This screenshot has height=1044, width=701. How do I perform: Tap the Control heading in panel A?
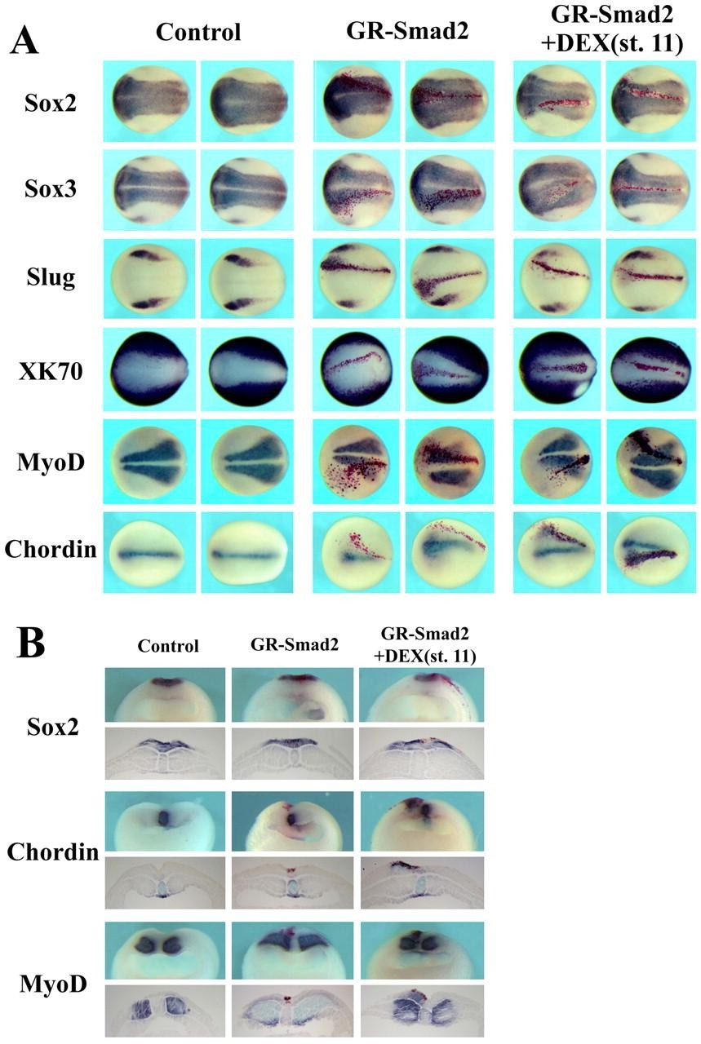point(198,32)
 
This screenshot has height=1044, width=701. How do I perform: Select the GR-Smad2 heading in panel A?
point(407,32)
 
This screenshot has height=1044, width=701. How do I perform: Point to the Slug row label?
point(51,277)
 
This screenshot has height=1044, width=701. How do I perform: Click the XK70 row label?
point(51,371)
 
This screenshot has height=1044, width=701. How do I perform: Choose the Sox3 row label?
point(51,189)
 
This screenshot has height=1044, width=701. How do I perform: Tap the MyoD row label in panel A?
point(51,462)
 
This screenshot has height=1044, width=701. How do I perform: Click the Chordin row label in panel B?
point(53,852)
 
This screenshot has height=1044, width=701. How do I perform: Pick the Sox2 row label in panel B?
point(53,726)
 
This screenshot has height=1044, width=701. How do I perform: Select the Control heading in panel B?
point(168,646)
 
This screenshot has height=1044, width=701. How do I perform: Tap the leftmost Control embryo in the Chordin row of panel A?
point(149,553)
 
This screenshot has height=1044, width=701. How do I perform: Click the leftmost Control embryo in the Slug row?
point(149,279)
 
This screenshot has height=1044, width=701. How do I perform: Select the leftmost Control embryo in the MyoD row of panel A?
point(150,461)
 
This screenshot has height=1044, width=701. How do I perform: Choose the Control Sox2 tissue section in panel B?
point(165,753)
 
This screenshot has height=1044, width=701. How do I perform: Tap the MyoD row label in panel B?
point(53,984)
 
